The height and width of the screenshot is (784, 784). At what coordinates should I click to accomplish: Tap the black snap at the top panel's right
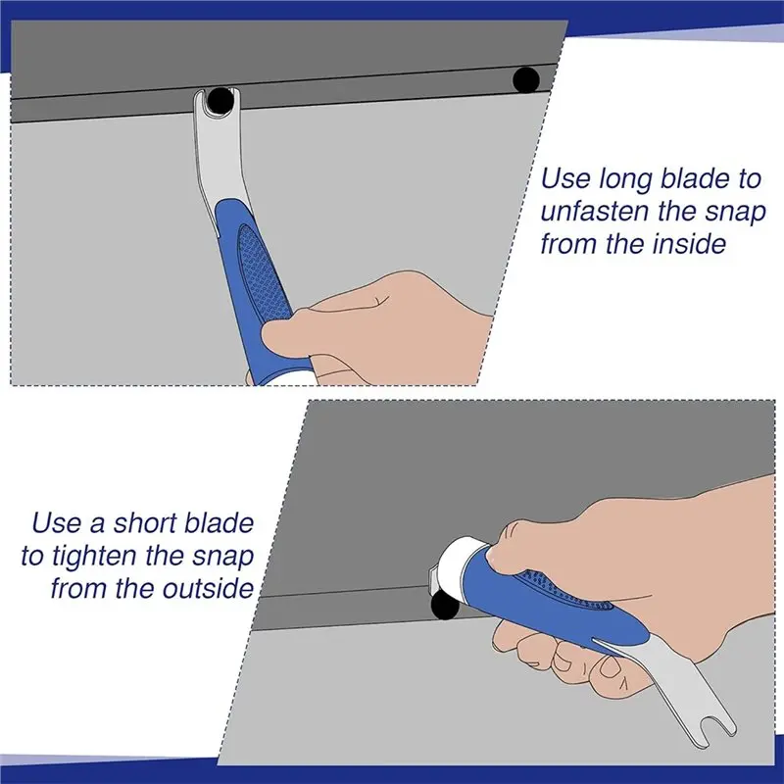(528, 77)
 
